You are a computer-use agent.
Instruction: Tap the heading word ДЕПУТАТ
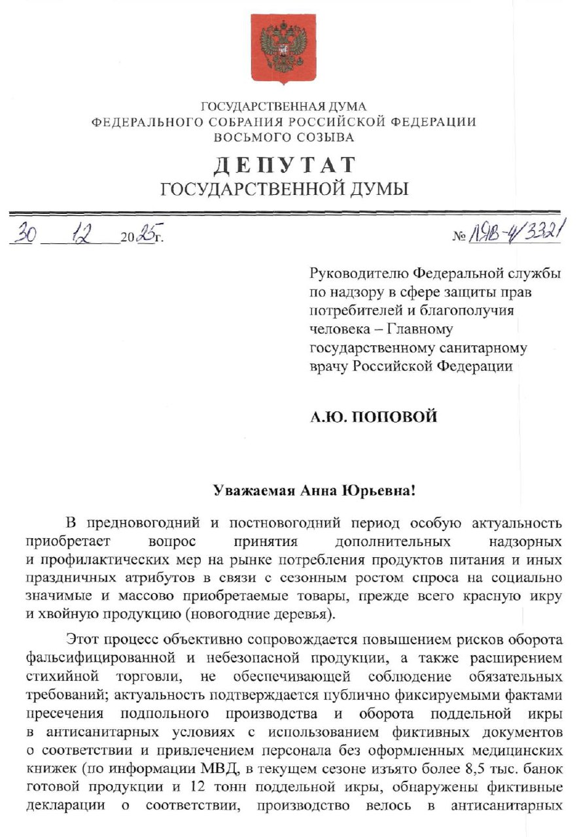284,165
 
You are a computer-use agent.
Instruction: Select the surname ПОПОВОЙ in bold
395,417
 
